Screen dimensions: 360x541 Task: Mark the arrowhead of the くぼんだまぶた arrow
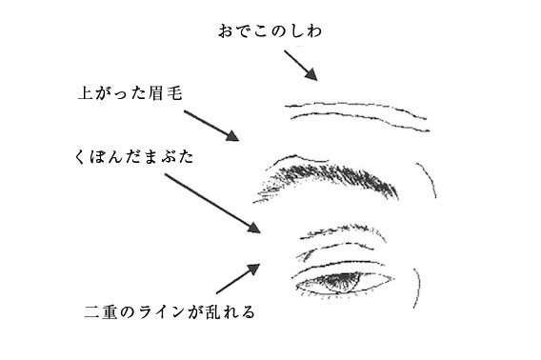click(254, 229)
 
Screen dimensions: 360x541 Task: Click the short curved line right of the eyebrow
click(427, 181)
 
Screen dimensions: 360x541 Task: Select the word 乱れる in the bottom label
click(231, 311)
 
